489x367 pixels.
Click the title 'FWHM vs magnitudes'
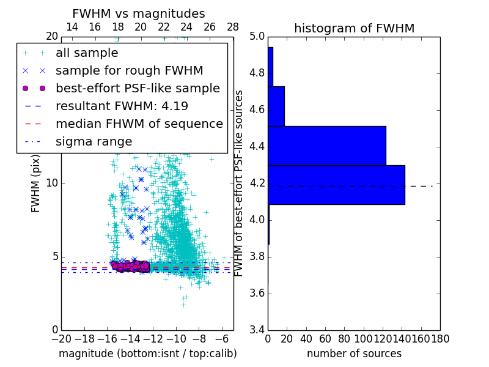tap(139, 13)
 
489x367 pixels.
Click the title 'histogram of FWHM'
tap(354, 28)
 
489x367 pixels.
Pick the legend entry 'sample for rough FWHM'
tap(129, 70)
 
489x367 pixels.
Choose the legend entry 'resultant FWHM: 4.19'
tap(122, 106)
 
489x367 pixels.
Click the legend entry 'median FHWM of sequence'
tap(139, 124)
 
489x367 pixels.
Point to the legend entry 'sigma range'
tap(94, 141)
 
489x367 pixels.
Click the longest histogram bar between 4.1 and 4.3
tap(336, 185)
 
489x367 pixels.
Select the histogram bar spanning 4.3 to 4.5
tap(326, 146)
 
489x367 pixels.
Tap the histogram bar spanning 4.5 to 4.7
tap(276, 106)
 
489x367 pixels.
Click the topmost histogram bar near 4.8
tap(270, 67)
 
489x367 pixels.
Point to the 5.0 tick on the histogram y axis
tap(257, 37)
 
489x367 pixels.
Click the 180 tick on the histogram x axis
tap(440, 338)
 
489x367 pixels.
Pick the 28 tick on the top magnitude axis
tap(233, 27)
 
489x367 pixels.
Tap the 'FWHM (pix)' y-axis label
tap(35, 183)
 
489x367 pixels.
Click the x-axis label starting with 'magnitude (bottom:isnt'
tap(147, 354)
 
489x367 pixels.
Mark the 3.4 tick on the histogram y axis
tap(257, 330)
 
